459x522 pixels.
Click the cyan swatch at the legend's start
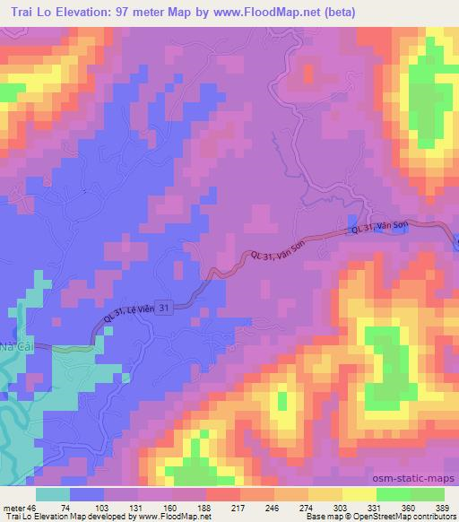pyautogui.click(x=52, y=493)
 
